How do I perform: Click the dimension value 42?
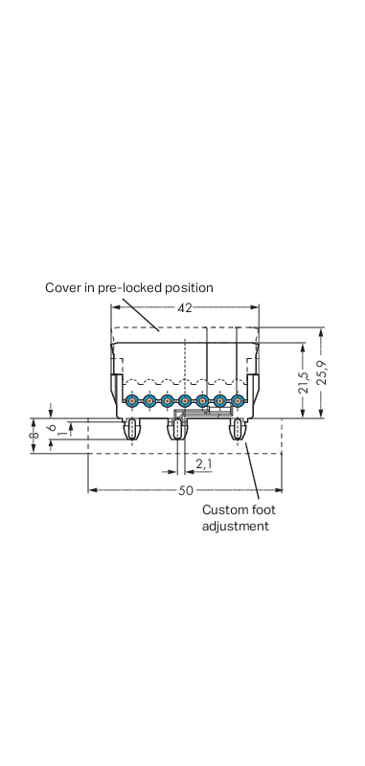pos(185,307)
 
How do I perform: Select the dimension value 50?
pos(185,490)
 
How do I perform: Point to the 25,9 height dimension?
pos(322,372)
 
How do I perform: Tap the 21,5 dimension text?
pos(304,382)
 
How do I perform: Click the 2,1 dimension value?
pos(204,463)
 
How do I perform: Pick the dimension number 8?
pos(34,436)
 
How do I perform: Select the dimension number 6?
pos(51,427)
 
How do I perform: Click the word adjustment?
pos(236,527)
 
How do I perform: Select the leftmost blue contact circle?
pos(131,401)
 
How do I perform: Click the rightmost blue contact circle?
pos(238,401)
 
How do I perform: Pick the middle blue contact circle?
pos(184,401)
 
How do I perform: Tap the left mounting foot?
pos(132,429)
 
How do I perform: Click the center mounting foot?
pos(177,429)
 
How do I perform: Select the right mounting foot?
pos(238,429)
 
